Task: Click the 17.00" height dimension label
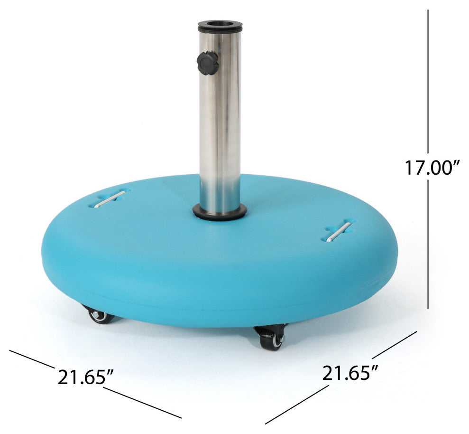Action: click(432, 168)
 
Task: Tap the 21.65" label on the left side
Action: click(85, 377)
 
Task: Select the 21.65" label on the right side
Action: click(350, 373)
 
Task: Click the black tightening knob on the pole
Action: click(208, 63)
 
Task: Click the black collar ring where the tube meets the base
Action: click(220, 212)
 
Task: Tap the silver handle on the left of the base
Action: click(110, 199)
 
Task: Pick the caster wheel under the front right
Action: click(272, 339)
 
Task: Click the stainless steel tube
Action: click(220, 119)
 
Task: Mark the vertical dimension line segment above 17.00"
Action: click(428, 81)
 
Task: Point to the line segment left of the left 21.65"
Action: click(31, 359)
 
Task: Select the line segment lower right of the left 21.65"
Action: click(142, 403)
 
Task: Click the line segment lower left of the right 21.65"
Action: click(296, 405)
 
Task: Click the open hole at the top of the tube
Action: click(220, 23)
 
